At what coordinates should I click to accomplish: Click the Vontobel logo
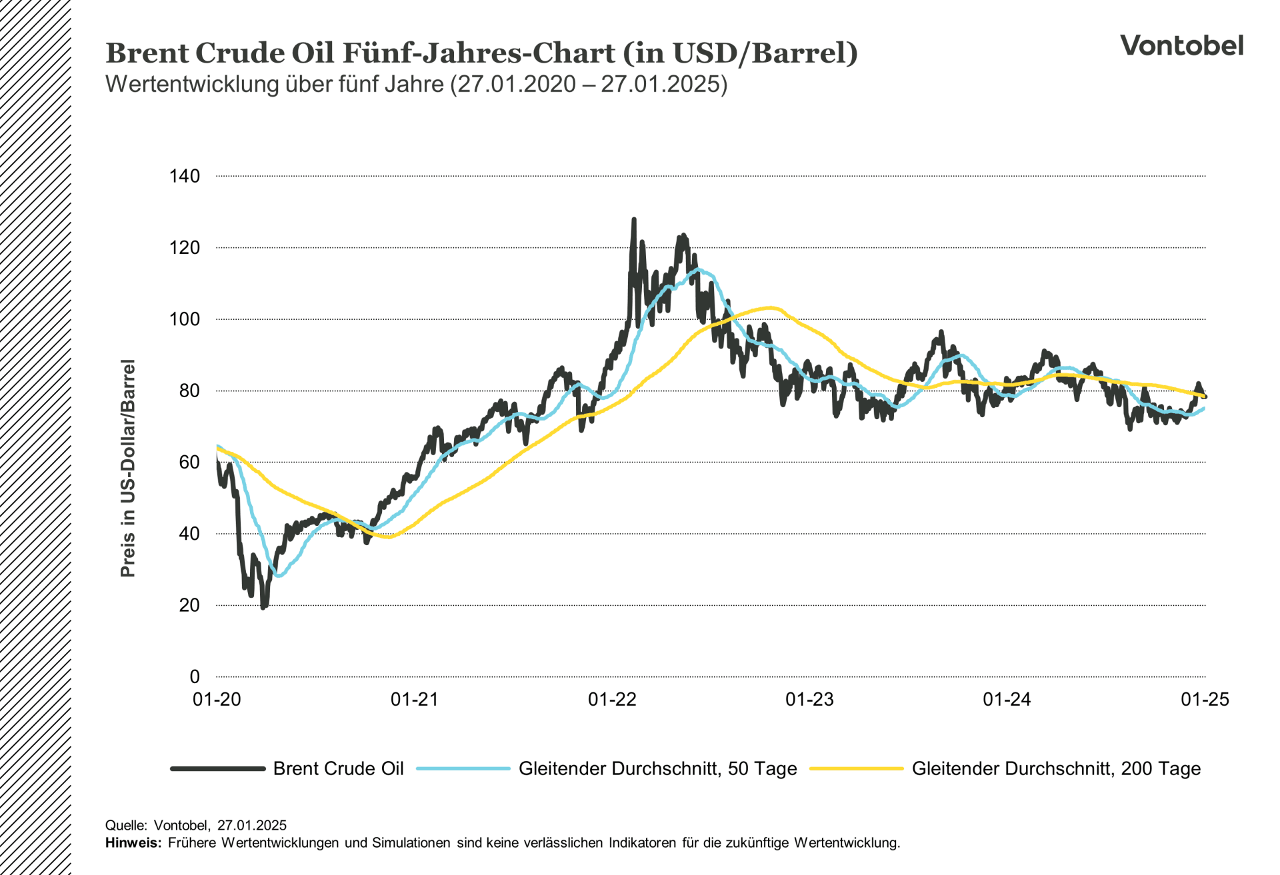pyautogui.click(x=1181, y=45)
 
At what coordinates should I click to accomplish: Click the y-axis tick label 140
pyautogui.click(x=185, y=176)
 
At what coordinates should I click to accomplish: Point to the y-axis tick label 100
pyautogui.click(x=185, y=319)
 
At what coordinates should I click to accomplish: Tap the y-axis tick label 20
pyautogui.click(x=189, y=605)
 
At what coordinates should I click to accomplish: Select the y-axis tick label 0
pyautogui.click(x=195, y=676)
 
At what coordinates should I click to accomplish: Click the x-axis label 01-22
pyautogui.click(x=612, y=699)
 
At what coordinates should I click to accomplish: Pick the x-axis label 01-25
pyautogui.click(x=1205, y=699)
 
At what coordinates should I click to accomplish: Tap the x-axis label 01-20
pyautogui.click(x=217, y=699)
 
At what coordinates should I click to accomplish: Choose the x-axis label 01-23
pyautogui.click(x=809, y=699)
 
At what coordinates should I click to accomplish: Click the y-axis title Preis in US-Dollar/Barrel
pyautogui.click(x=127, y=468)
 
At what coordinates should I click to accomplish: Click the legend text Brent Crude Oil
pyautogui.click(x=338, y=768)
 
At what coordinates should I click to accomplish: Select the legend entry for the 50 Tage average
pyautogui.click(x=657, y=768)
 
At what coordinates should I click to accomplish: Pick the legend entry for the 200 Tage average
pyautogui.click(x=1056, y=768)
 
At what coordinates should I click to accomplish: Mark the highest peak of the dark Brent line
pyautogui.click(x=633, y=219)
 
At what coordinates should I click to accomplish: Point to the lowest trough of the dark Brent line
pyautogui.click(x=263, y=607)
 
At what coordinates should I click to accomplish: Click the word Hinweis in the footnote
pyautogui.click(x=133, y=842)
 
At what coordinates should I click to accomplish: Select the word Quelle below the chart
pyautogui.click(x=125, y=826)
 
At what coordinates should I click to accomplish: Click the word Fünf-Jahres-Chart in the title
pyautogui.click(x=479, y=53)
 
